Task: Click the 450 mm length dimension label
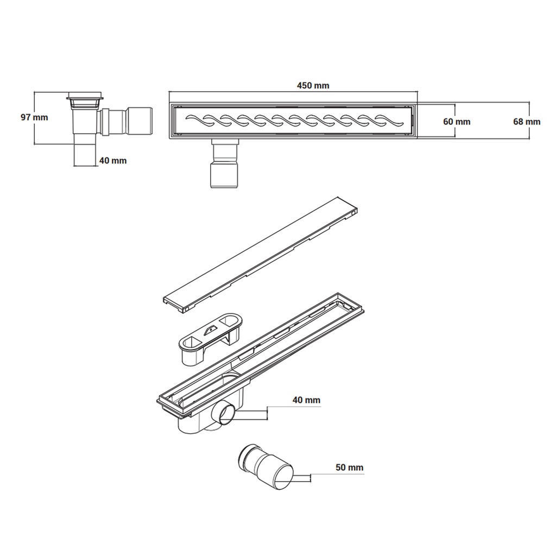313,85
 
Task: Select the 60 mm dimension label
457,122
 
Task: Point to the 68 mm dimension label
527,122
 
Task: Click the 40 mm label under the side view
113,160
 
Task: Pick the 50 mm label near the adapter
350,467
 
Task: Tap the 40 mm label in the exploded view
306,400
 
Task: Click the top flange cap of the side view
84,98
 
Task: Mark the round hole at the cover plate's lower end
187,308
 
